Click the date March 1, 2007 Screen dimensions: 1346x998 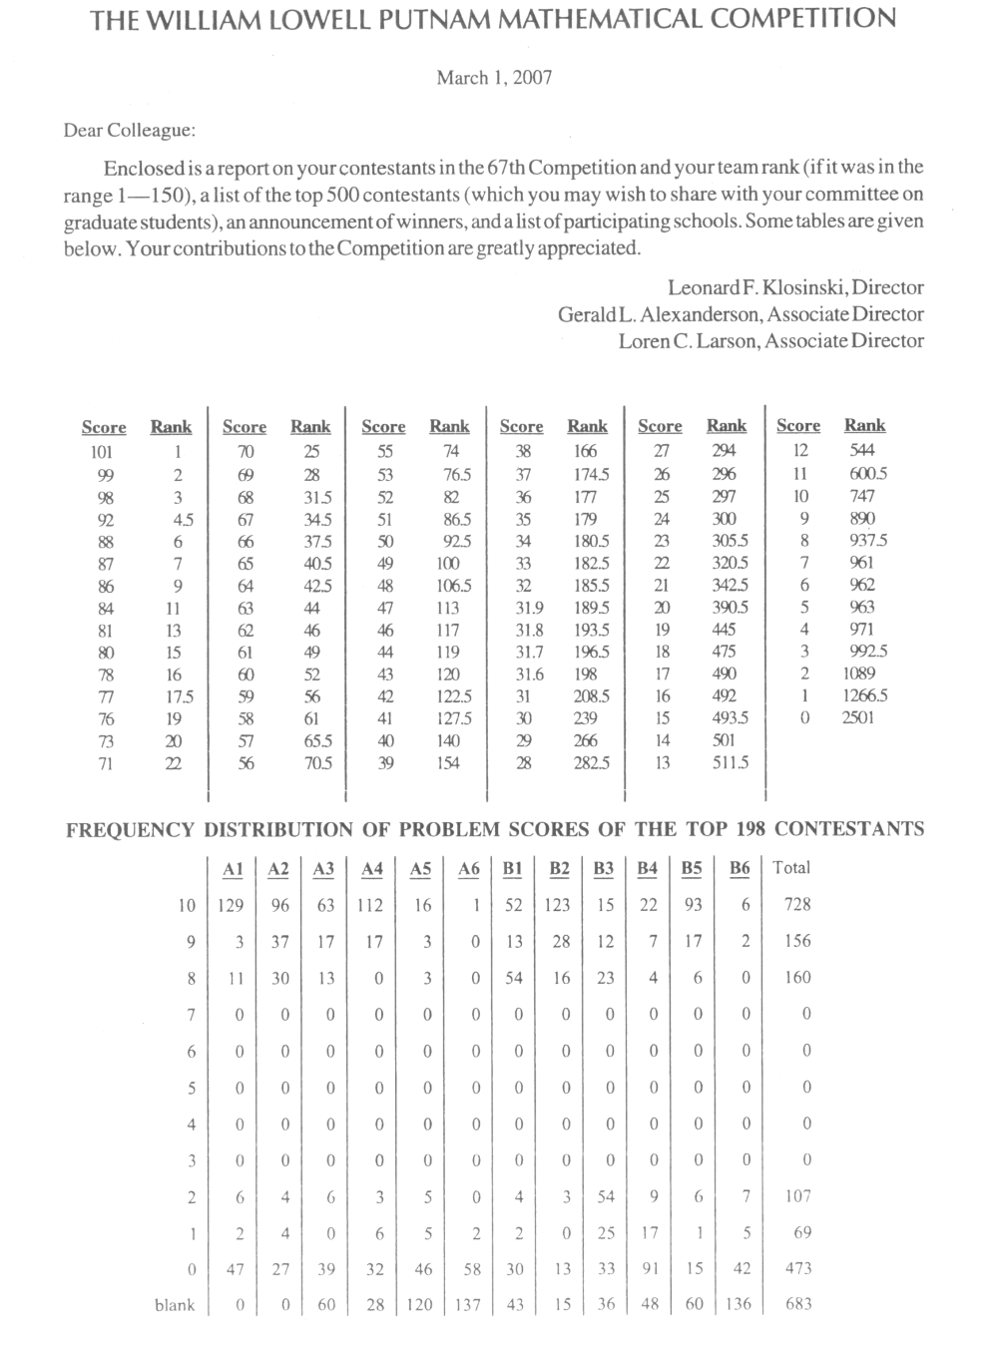coord(494,78)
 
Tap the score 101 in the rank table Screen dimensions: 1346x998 coord(103,452)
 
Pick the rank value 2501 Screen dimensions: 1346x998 coord(857,716)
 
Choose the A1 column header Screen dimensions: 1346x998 coord(233,869)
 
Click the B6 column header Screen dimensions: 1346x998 coord(740,868)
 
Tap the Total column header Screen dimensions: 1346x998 coord(791,867)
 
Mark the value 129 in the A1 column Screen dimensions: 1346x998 coord(231,905)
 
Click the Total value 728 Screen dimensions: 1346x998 coord(797,904)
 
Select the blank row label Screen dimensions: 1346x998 coord(175,1305)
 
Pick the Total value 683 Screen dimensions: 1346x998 coord(798,1304)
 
